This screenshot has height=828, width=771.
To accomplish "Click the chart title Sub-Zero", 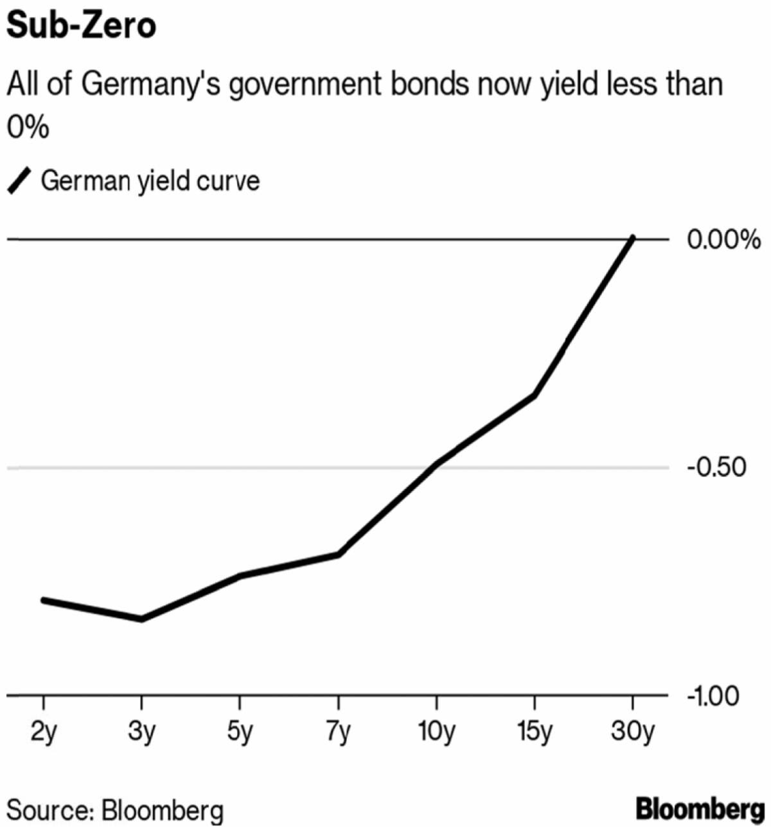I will pyautogui.click(x=82, y=26).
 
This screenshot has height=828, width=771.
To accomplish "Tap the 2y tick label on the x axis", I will pyautogui.click(x=44, y=732).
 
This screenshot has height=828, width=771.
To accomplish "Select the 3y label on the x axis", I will pyautogui.click(x=141, y=732).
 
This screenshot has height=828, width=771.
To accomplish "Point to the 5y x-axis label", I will pyautogui.click(x=240, y=732).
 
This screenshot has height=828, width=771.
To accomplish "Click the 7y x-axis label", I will pyautogui.click(x=338, y=732).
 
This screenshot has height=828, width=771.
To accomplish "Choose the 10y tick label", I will pyautogui.click(x=436, y=732).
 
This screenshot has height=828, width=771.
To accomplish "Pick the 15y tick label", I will pyautogui.click(x=535, y=732).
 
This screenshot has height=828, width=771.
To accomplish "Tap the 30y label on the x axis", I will pyautogui.click(x=633, y=732).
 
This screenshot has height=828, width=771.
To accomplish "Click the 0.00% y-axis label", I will pyautogui.click(x=723, y=240).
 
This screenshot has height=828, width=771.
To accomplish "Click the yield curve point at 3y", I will pyautogui.click(x=141, y=619).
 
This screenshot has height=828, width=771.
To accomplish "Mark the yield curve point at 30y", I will pyautogui.click(x=633, y=239).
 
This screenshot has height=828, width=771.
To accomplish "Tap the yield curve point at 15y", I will pyautogui.click(x=535, y=395).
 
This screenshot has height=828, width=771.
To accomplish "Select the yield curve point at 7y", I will pyautogui.click(x=338, y=554).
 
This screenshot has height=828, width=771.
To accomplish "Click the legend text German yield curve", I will pyautogui.click(x=150, y=181).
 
